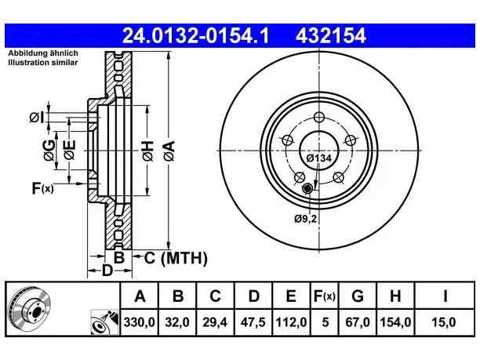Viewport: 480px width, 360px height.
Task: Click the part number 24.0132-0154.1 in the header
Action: click(x=195, y=35)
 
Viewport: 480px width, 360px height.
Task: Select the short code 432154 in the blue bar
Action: click(x=331, y=35)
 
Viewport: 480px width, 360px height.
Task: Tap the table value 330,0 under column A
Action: click(x=140, y=322)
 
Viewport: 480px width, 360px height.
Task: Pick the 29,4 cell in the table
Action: click(x=215, y=322)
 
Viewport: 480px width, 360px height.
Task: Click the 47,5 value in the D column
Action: click(x=253, y=322)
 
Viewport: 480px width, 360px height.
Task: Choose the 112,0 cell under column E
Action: click(x=291, y=322)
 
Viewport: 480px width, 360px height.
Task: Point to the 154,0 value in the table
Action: click(x=395, y=322)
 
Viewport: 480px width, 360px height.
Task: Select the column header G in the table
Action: click(x=358, y=296)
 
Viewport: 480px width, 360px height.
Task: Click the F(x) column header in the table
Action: click(x=325, y=296)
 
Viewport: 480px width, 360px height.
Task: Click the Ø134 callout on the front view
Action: click(x=319, y=158)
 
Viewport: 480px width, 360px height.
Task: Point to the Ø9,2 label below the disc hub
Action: click(x=305, y=219)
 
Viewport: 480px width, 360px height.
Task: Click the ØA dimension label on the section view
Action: click(x=169, y=151)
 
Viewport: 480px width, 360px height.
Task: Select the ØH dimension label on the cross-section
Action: click(x=147, y=151)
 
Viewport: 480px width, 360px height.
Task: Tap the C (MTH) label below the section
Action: click(x=176, y=258)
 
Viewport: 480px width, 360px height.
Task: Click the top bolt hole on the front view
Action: click(x=319, y=117)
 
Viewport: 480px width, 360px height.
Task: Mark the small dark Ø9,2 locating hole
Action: click(x=307, y=189)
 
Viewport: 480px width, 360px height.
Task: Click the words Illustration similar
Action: click(x=43, y=63)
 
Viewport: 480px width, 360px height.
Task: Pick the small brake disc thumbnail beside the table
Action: click(x=29, y=308)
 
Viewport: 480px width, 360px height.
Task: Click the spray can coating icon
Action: click(x=104, y=322)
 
